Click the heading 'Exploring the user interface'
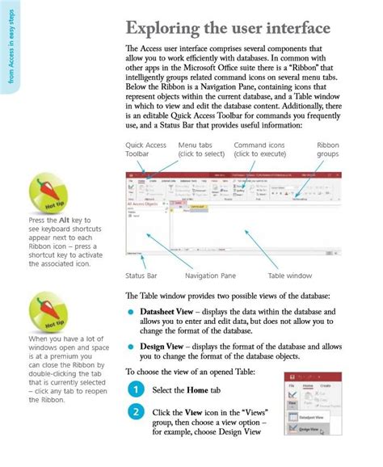pos(227,29)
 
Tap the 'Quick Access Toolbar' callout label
pos(145,149)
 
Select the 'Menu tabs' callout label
pos(200,149)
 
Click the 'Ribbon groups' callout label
pos(327,149)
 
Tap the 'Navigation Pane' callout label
pos(210,276)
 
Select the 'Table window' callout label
pos(288,276)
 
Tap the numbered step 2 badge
pos(135,413)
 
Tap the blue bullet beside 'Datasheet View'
pos(131,311)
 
